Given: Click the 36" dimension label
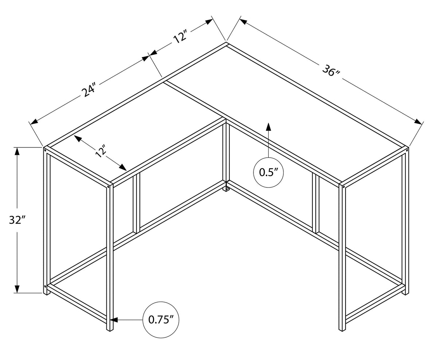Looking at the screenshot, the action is point(331,71).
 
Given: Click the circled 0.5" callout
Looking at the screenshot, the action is point(268,173).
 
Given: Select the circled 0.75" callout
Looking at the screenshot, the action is point(161,320).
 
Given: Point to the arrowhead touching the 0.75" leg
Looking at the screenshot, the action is point(114,320).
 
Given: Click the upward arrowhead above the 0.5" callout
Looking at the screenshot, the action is point(268,127).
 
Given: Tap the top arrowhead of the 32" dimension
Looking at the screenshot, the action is point(17,151).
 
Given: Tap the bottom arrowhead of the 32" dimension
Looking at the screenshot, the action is point(17,289).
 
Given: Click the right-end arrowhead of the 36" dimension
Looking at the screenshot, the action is point(418,122).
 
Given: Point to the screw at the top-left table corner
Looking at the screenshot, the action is point(45,150).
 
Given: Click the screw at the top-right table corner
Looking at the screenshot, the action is point(407,150).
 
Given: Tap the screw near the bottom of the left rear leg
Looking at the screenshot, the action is point(45,286).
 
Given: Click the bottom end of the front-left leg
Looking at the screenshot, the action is point(110,330).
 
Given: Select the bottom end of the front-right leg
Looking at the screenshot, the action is point(342,330).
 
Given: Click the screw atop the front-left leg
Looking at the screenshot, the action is point(109,186).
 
